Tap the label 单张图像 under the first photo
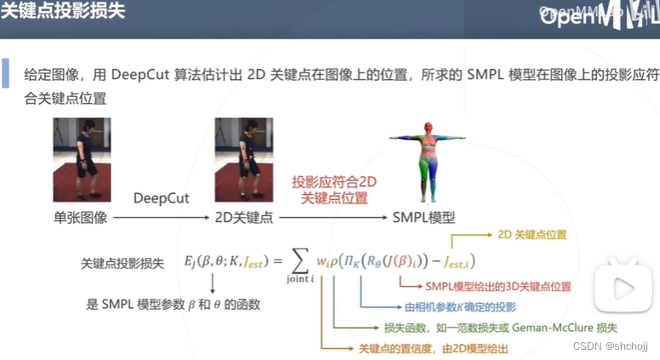click(80, 218)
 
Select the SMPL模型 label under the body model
click(424, 218)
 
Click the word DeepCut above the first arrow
click(160, 198)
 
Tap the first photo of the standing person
click(82, 159)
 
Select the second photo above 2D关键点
click(244, 159)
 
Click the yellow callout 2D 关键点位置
click(532, 234)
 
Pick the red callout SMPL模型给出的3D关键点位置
click(498, 287)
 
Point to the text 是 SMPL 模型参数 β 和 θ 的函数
click(173, 304)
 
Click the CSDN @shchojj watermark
click(611, 346)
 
